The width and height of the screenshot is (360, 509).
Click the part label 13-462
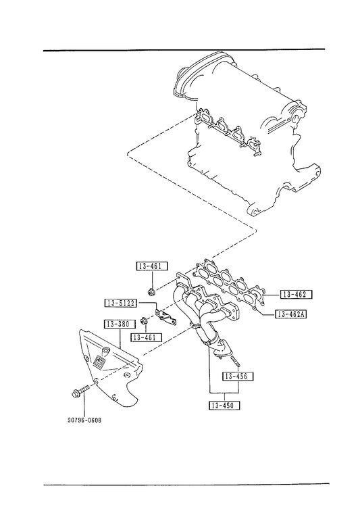click(295, 295)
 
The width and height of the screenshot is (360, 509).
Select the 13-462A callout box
click(290, 314)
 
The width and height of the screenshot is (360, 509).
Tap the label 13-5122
click(121, 304)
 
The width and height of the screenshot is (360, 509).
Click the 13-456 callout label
click(238, 376)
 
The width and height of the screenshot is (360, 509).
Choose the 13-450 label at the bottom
click(224, 405)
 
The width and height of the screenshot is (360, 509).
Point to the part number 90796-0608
click(84, 420)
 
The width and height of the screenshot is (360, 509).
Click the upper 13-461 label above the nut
click(152, 266)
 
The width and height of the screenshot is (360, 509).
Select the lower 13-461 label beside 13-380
click(147, 337)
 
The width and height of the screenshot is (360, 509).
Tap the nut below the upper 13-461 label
click(151, 291)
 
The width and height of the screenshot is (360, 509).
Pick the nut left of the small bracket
click(144, 321)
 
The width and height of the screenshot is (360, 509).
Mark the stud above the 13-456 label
click(234, 362)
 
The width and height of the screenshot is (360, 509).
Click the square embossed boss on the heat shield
click(99, 362)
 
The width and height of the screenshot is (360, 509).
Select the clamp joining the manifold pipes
click(195, 326)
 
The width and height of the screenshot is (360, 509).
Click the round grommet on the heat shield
click(105, 351)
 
